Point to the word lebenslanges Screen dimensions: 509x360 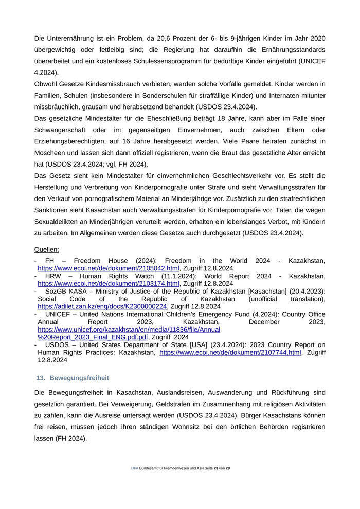pos(255,221)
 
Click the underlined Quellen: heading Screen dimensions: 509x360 pos(47,249)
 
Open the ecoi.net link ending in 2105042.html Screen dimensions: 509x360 pos(109,268)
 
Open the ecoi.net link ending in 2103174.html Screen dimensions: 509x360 pos(109,283)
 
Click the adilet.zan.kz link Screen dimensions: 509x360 pos(102,306)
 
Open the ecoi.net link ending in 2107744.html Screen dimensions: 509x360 pos(230,353)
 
